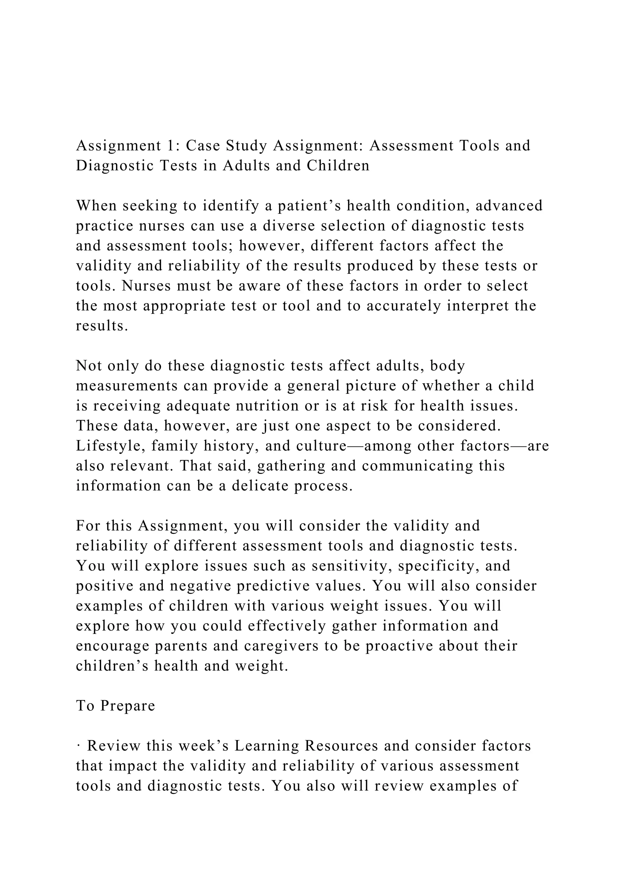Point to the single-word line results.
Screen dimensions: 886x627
coord(102,326)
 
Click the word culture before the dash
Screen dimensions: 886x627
coord(321,446)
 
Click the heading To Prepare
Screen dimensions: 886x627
coord(115,706)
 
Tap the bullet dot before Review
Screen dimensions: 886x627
coord(78,746)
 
